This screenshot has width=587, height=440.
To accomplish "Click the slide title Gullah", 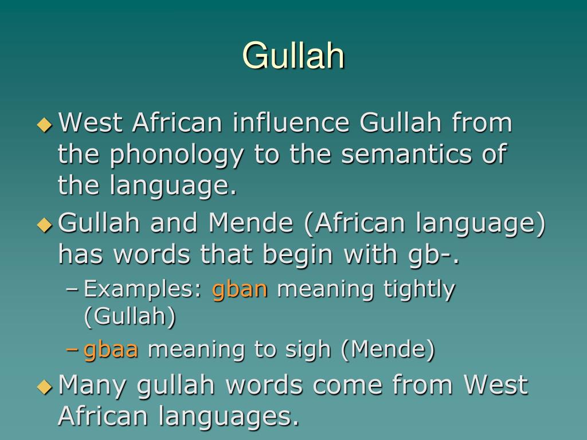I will (293, 56).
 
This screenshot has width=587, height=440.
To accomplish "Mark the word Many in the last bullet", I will (94, 384).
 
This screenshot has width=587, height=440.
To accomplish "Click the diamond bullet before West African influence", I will (44, 124).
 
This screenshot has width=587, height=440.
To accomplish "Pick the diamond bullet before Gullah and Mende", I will (44, 224).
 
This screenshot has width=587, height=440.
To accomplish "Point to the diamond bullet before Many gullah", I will (44, 386).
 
